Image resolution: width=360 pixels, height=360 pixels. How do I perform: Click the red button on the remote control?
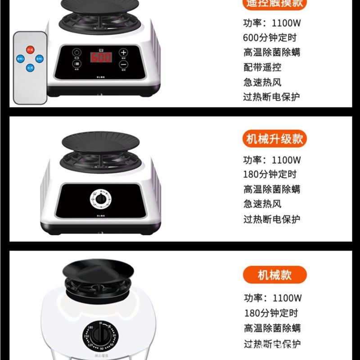(x=30, y=49)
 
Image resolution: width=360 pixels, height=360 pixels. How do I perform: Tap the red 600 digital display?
(x=101, y=58)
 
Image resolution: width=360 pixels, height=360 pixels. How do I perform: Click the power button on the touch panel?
(x=77, y=52)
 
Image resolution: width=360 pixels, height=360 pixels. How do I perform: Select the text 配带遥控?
(x=262, y=67)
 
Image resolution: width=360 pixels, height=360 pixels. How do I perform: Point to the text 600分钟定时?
(x=270, y=38)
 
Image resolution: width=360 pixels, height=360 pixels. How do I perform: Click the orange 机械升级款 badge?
(x=274, y=139)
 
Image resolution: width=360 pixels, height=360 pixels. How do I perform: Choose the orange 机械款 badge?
(x=274, y=274)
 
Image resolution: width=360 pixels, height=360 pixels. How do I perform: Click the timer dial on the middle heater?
(x=101, y=198)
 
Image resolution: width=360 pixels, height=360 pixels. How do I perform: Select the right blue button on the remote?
(x=40, y=58)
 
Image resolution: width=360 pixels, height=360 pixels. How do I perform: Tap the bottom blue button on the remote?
(x=30, y=67)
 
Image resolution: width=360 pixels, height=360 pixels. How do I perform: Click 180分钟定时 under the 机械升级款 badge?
(x=270, y=175)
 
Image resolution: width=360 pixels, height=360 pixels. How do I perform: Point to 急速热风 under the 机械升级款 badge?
(x=262, y=204)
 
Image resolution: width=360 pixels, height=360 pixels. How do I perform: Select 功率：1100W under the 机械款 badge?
(x=273, y=298)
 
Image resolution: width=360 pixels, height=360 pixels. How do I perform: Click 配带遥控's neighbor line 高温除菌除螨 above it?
(x=272, y=53)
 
